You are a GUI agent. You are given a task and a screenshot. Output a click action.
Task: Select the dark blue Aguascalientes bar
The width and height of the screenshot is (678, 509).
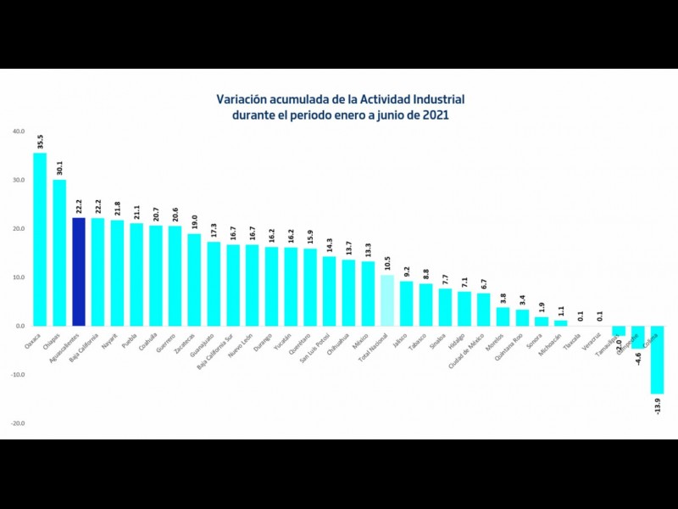(79, 271)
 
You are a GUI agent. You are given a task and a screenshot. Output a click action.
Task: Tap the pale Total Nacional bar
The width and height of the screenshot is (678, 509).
(386, 300)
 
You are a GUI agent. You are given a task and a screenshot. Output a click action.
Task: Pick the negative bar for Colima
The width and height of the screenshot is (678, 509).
(656, 360)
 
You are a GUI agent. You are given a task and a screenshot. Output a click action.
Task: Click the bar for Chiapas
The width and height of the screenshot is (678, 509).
(59, 252)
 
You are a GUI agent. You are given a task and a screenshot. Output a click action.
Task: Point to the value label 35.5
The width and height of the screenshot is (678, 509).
(41, 141)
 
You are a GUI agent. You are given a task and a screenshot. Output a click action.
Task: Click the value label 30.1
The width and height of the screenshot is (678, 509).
(60, 167)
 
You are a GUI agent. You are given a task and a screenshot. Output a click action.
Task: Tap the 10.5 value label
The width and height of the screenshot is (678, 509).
(387, 264)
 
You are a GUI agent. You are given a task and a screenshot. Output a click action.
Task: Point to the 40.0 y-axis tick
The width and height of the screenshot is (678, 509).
(19, 131)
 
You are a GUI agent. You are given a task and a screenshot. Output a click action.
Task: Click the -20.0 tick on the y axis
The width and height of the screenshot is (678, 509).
(19, 423)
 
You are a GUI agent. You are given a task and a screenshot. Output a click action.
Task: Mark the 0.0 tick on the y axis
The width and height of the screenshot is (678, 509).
(20, 326)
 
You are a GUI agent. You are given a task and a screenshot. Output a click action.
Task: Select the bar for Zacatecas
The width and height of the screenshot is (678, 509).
(194, 279)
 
